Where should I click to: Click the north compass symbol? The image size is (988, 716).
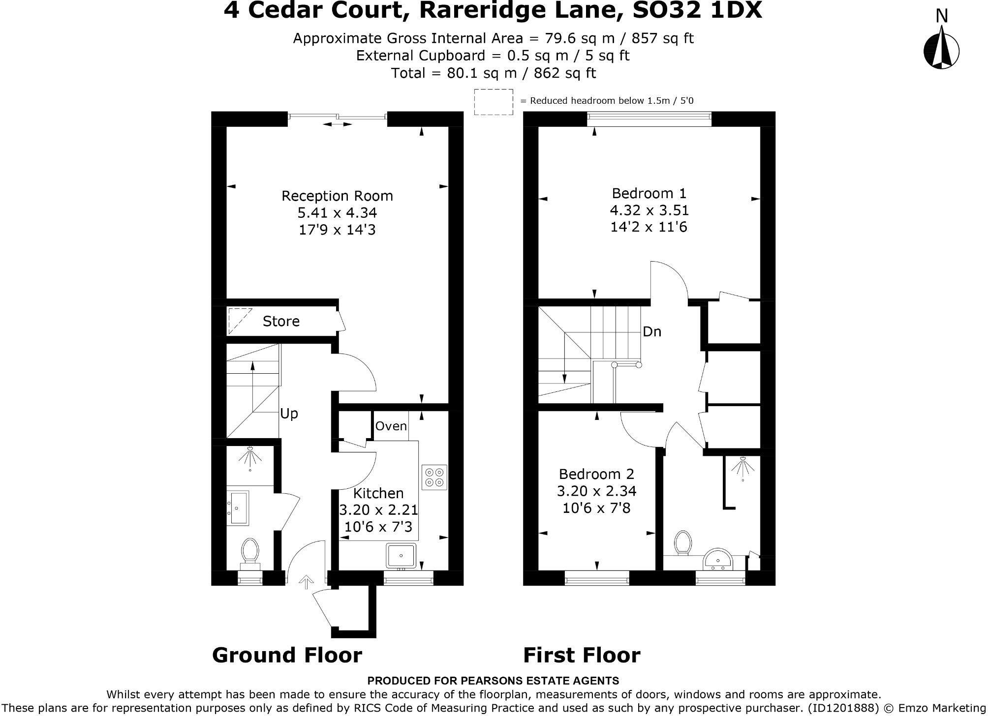click(x=941, y=49)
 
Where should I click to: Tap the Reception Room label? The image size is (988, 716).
click(x=337, y=196)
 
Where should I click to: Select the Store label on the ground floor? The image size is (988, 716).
click(x=281, y=321)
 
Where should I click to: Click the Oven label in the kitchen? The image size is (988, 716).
click(x=391, y=426)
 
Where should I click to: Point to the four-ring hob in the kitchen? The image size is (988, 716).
click(x=434, y=477)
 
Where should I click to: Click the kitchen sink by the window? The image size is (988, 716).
click(x=401, y=556)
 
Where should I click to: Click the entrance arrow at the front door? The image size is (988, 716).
click(x=306, y=582)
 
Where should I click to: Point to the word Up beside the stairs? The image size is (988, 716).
click(x=289, y=414)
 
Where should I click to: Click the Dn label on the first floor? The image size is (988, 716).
click(x=651, y=331)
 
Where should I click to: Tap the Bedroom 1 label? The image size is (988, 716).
click(x=648, y=193)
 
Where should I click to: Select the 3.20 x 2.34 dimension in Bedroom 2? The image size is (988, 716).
click(x=596, y=491)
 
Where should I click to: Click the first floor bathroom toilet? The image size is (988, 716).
click(x=682, y=543)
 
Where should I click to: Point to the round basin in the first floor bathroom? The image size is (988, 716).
click(x=718, y=561)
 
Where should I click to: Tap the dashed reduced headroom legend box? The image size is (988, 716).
click(x=493, y=102)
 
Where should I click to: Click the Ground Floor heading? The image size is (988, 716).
click(x=287, y=655)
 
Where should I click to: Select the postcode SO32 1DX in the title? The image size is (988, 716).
click(x=697, y=10)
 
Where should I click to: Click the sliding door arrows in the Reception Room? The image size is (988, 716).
click(x=338, y=124)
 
